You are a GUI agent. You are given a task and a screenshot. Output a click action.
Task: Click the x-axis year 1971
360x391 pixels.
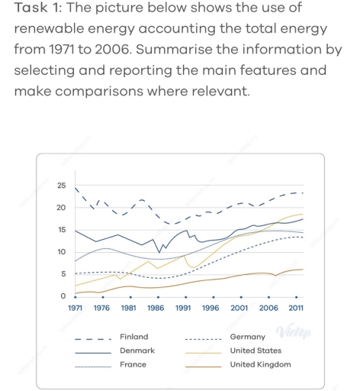75,309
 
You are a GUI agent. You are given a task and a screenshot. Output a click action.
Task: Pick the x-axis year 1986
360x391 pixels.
156,309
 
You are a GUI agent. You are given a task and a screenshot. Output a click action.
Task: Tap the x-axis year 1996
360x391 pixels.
211,309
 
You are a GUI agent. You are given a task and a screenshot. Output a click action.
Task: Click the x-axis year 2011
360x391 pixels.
294,309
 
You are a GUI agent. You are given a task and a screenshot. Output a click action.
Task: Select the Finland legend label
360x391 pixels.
134,336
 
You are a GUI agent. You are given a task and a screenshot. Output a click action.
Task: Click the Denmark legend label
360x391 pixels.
137,351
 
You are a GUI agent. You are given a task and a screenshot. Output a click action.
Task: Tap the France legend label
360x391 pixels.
133,365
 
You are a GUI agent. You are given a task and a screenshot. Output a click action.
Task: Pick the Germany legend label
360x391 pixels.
248,337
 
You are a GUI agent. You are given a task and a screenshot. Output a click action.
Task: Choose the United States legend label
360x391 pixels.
256,351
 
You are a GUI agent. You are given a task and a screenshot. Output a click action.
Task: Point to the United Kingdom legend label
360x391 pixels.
260,365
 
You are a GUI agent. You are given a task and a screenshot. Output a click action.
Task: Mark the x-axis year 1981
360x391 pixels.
129,309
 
